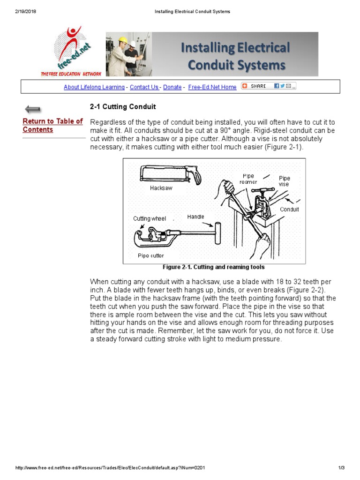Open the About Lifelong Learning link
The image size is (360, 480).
[x=94, y=87]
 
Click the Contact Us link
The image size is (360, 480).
[x=144, y=87]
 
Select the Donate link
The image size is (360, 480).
[x=172, y=87]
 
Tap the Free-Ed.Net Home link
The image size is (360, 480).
[x=212, y=87]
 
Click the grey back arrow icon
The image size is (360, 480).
[x=33, y=110]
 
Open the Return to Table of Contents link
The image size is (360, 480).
[x=52, y=126]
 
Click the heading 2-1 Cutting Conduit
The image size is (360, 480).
[x=123, y=107]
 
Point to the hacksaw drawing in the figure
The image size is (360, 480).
[x=171, y=175]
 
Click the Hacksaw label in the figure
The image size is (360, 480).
[x=161, y=188]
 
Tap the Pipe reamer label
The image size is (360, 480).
[x=248, y=179]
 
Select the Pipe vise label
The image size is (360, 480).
[x=285, y=181]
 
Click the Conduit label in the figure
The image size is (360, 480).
[x=289, y=210]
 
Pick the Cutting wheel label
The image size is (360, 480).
[x=149, y=218]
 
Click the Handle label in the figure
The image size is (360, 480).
[x=196, y=217]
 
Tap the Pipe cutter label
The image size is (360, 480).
[x=150, y=255]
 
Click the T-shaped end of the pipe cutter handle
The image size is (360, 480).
[x=217, y=233]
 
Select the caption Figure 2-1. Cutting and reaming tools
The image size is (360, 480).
[x=213, y=267]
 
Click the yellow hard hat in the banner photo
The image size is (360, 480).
[x=123, y=40]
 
